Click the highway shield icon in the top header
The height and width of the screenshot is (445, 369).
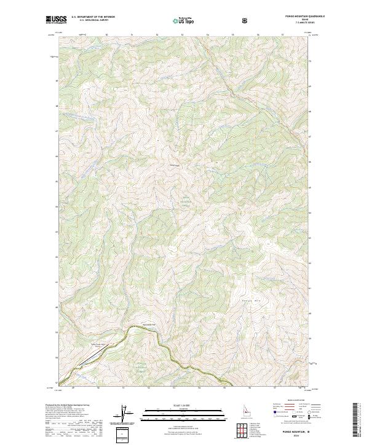click(x=245, y=20)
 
